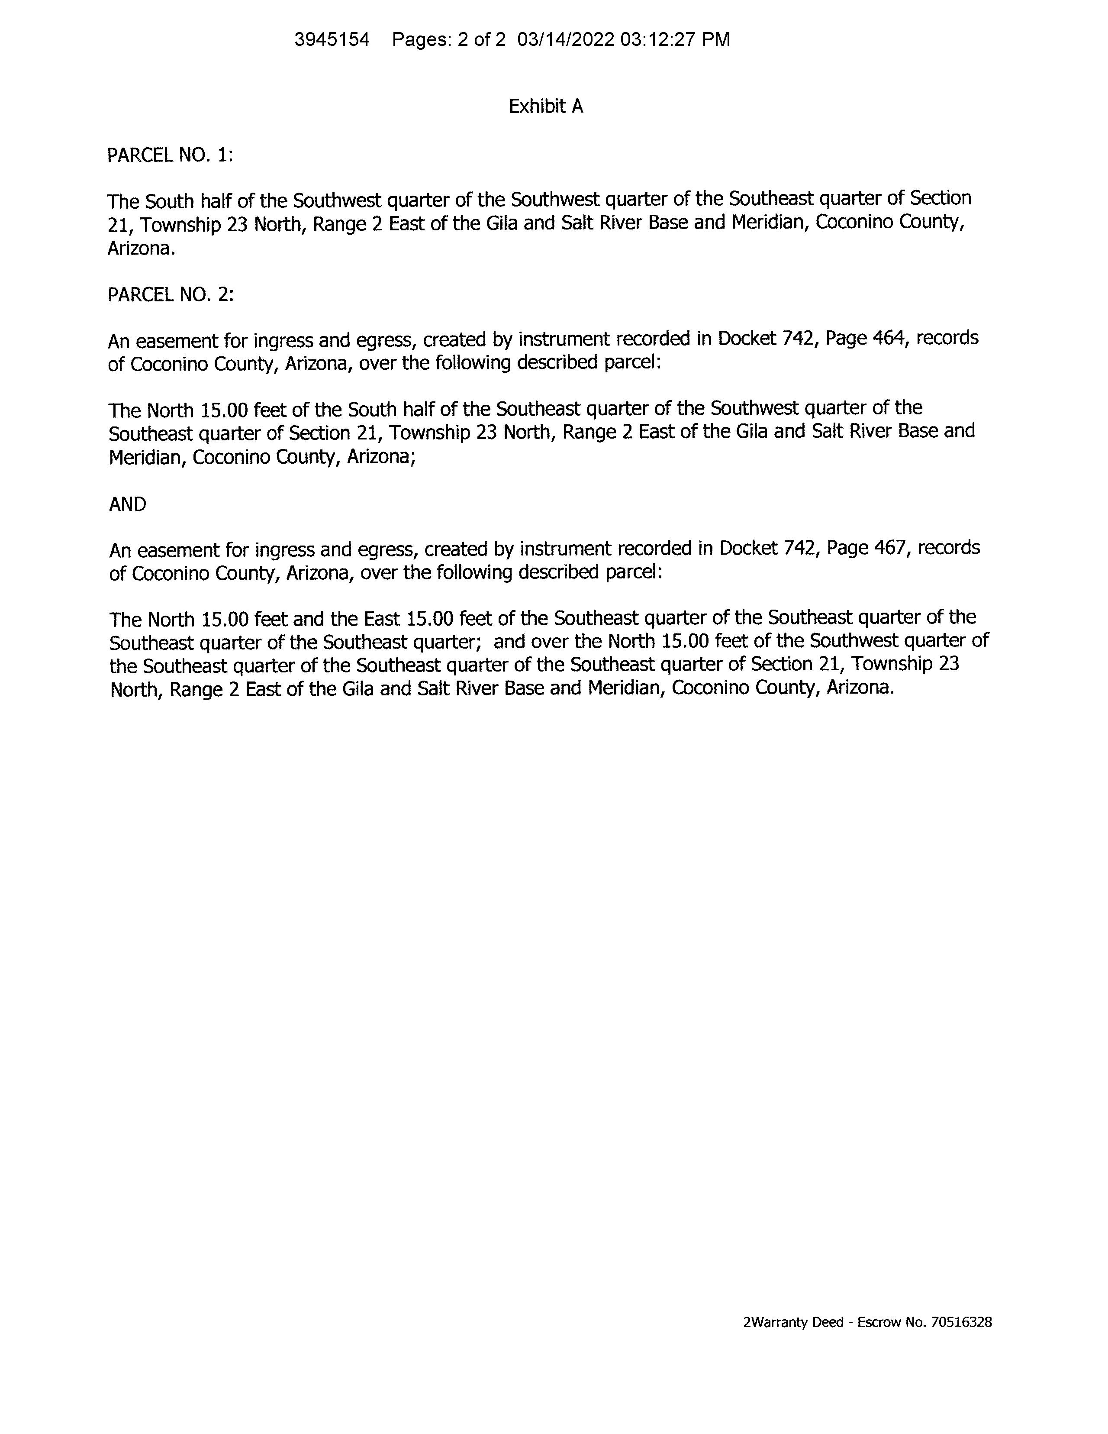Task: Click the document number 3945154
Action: pyautogui.click(x=332, y=40)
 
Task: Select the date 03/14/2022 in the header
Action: pyautogui.click(x=565, y=40)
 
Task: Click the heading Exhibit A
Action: pyautogui.click(x=545, y=107)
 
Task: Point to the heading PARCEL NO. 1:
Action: pyautogui.click(x=171, y=155)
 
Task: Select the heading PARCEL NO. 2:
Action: pyautogui.click(x=171, y=295)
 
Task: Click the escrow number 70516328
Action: pyautogui.click(x=961, y=1322)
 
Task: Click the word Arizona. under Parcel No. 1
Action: pyautogui.click(x=141, y=249)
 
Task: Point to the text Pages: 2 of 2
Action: pyautogui.click(x=449, y=40)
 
